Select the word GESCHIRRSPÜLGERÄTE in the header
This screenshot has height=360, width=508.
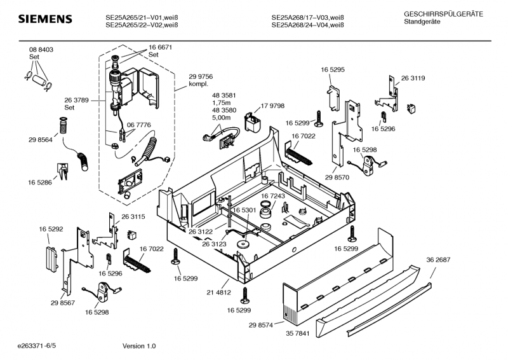click(x=443, y=13)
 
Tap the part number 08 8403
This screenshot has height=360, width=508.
click(x=41, y=50)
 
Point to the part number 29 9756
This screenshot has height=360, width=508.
click(x=200, y=76)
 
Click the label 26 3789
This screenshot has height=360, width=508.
click(x=76, y=100)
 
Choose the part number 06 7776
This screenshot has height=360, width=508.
click(x=138, y=125)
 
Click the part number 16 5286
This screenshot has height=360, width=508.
click(x=39, y=183)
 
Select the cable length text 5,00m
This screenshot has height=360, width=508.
click(x=220, y=117)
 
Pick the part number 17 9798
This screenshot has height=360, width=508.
click(x=272, y=106)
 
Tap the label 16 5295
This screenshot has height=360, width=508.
click(x=333, y=69)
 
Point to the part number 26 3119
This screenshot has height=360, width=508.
click(x=413, y=78)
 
